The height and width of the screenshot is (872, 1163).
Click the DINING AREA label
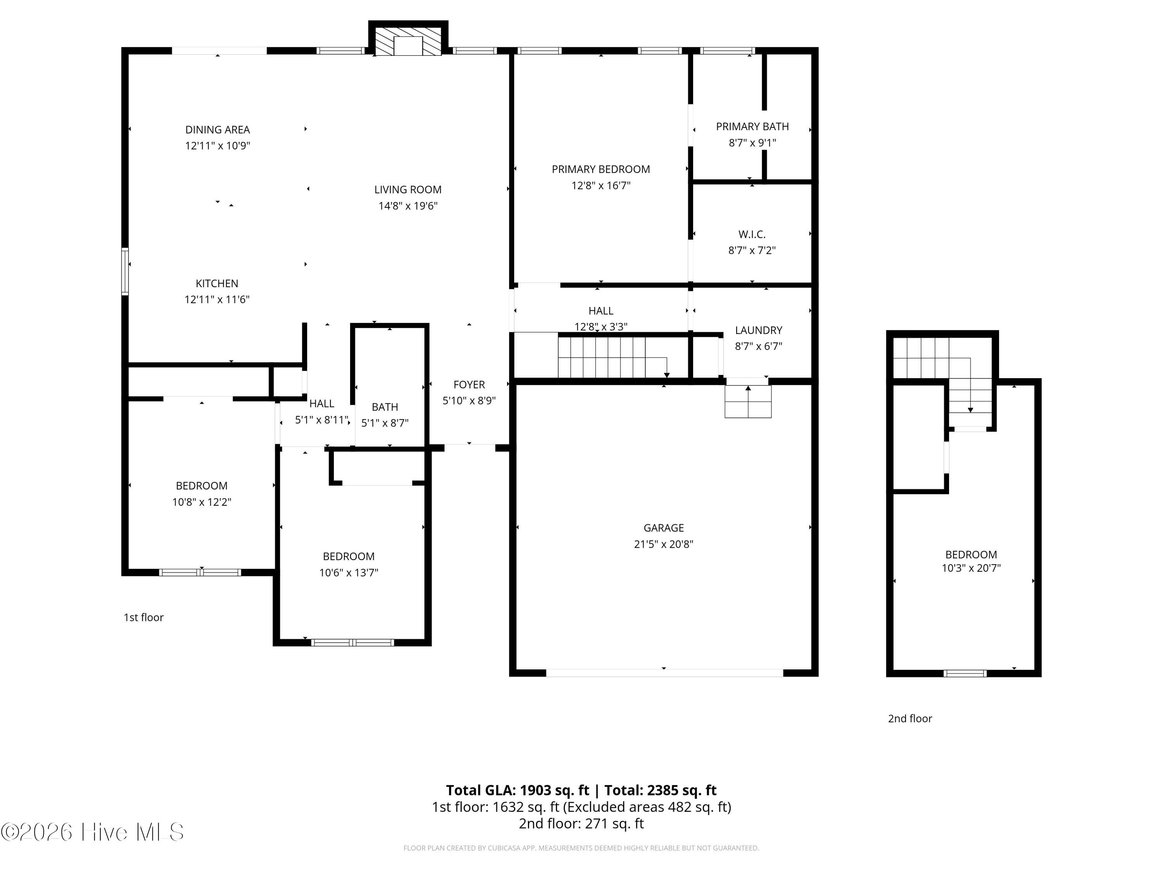(x=217, y=130)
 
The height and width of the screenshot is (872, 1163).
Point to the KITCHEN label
(x=217, y=284)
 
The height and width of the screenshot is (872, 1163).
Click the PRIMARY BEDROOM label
(x=601, y=169)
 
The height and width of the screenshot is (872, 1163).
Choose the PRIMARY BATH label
(x=752, y=127)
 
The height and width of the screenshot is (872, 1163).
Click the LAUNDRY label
(x=759, y=330)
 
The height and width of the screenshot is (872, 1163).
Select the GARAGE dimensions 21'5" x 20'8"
(x=664, y=544)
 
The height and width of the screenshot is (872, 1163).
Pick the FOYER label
(x=469, y=385)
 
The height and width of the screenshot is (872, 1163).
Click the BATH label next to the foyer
(x=385, y=407)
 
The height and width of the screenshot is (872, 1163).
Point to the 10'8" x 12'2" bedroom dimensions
(x=202, y=502)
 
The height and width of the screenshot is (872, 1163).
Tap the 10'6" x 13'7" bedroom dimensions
(x=349, y=572)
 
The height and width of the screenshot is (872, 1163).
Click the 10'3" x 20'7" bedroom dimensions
(x=971, y=568)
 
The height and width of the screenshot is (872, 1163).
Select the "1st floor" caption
(x=143, y=618)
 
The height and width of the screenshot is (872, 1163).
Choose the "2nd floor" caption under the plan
(x=910, y=719)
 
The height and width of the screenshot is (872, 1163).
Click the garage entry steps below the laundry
(x=748, y=402)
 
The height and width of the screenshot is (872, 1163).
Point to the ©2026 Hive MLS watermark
(x=93, y=832)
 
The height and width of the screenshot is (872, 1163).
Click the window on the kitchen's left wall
(x=125, y=271)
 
